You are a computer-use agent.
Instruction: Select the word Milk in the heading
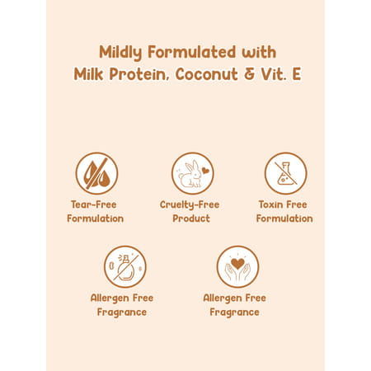tap(91, 74)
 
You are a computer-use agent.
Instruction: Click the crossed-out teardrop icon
tap(96, 173)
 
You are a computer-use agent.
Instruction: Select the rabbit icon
tap(191, 173)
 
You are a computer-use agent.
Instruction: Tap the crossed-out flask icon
tap(284, 173)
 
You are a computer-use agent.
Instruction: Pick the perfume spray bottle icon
tap(124, 266)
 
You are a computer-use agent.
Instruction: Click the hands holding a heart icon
tap(237, 266)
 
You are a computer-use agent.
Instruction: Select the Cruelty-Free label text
tap(191, 204)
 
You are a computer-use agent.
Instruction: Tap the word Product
tap(191, 218)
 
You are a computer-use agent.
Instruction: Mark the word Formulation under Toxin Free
tap(284, 218)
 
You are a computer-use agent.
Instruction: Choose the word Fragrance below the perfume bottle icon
tap(122, 312)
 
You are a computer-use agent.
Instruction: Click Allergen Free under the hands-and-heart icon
tap(235, 298)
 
